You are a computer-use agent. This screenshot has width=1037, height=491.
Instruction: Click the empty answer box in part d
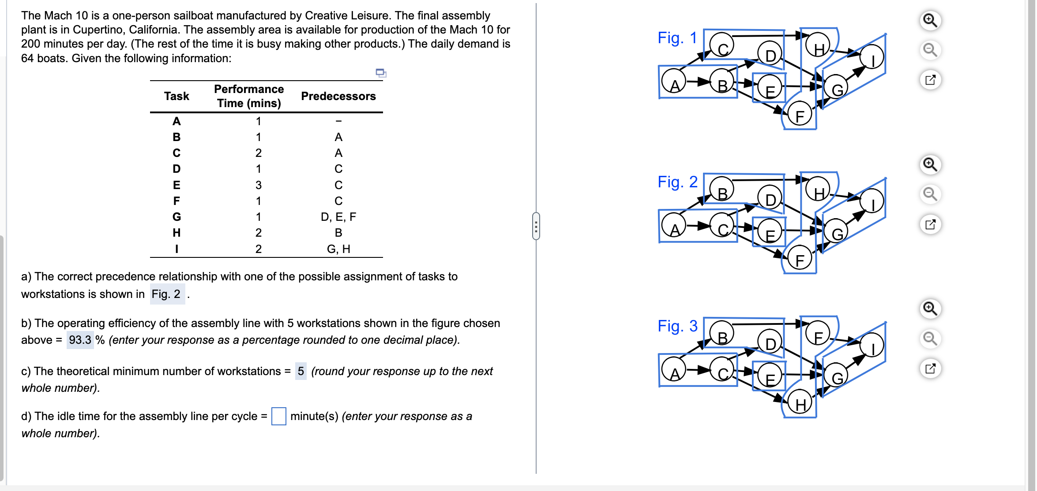click(x=278, y=416)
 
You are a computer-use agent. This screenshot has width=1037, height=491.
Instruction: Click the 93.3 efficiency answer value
click(x=80, y=340)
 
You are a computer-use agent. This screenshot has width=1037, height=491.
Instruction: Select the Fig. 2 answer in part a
click(x=166, y=294)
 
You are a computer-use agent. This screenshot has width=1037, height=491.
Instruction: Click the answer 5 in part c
click(x=301, y=371)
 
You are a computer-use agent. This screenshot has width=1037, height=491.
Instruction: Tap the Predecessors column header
click(x=338, y=96)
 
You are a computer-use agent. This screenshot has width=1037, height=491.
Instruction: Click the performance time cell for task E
click(x=258, y=185)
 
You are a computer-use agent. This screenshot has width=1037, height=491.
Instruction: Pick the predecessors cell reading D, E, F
click(x=338, y=217)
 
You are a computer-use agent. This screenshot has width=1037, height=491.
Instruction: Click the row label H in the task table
click(x=177, y=233)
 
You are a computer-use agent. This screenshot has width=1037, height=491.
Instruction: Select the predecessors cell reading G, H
click(x=338, y=249)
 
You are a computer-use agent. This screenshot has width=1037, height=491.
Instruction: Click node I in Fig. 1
click(x=872, y=58)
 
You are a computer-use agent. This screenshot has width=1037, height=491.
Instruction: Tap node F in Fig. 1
click(x=799, y=115)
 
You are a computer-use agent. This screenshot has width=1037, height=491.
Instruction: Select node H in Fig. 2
click(x=818, y=192)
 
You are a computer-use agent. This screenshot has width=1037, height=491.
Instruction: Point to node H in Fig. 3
click(x=800, y=403)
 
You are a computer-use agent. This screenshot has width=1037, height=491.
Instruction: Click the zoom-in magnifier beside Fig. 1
click(x=930, y=20)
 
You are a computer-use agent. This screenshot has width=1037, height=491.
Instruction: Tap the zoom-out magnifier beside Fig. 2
click(x=930, y=194)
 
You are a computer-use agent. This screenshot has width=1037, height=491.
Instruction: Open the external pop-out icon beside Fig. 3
click(x=930, y=368)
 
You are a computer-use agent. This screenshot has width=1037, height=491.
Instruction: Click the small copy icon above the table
click(x=380, y=73)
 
